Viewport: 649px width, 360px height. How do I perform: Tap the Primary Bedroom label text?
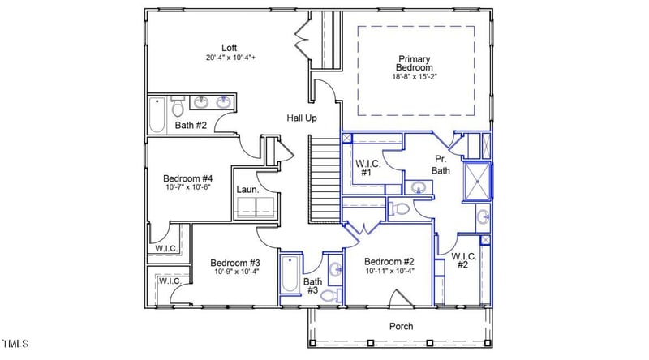415,63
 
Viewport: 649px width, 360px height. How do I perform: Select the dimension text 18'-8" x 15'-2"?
415,77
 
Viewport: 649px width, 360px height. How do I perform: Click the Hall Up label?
301,118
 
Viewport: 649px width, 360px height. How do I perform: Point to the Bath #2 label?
191,126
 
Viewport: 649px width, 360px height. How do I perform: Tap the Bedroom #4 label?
187,178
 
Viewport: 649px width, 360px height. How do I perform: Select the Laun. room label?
247,190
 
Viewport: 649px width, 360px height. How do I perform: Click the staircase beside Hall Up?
324,178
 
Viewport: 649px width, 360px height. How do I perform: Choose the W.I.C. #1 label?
364,168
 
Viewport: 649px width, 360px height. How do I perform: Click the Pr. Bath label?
441,165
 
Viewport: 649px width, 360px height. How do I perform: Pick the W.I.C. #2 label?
462,261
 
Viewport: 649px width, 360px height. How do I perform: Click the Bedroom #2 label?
389,261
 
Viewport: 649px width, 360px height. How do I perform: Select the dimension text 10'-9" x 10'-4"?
235,272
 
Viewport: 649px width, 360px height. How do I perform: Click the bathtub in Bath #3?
290,280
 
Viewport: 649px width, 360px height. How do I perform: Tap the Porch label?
400,326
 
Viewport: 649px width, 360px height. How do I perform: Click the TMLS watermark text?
16,344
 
